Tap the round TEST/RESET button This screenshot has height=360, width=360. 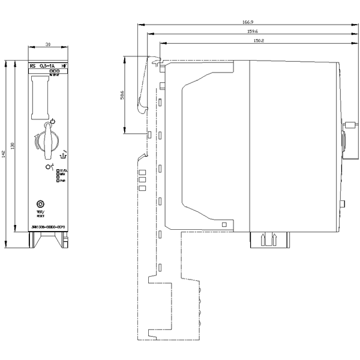point(41,205)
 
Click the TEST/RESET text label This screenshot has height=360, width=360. point(41,214)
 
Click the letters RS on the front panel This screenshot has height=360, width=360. point(32,65)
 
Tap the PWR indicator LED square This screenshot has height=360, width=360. point(58,181)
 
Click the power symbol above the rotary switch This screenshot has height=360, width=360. point(53,121)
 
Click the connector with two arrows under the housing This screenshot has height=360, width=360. point(268,240)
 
